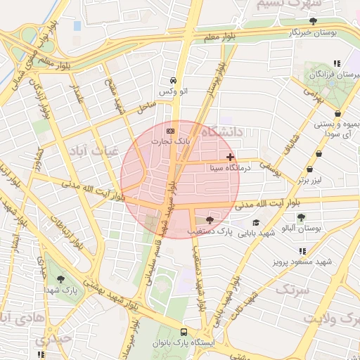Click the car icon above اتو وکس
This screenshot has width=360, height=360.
click(x=173, y=81)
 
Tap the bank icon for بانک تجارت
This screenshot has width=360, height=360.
click(x=170, y=131)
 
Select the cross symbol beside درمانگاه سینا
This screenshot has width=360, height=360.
click(x=230, y=157)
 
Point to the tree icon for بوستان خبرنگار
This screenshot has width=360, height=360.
click(x=313, y=21)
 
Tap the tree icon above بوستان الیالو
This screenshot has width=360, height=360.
click(x=302, y=217)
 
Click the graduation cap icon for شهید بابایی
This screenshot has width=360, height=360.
click(x=255, y=222)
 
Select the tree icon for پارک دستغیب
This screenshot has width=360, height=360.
click(x=210, y=221)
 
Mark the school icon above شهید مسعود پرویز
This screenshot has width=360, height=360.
click(x=302, y=251)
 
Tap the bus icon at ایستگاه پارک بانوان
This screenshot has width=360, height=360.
click(x=184, y=333)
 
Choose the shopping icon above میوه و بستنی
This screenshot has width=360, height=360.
click(x=338, y=112)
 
